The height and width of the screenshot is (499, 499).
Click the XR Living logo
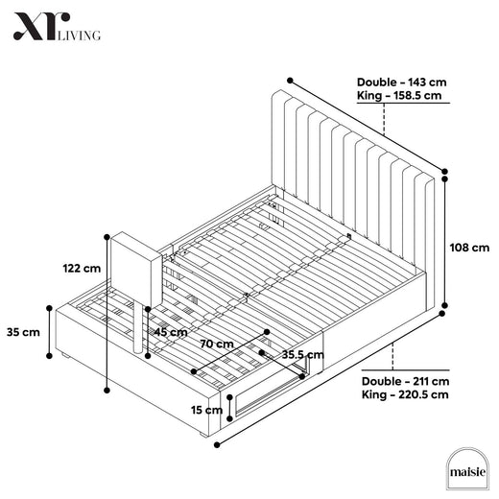pos(57,27)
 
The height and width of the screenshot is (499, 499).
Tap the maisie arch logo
pos(467,469)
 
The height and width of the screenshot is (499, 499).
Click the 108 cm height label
pos(469,248)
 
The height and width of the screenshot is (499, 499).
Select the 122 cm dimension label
pos(82,268)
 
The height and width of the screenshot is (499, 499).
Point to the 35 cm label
pos(23,332)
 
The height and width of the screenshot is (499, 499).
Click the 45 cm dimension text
pos(171,332)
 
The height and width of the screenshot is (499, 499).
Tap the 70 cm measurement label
pos(217,344)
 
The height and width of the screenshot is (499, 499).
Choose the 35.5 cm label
pos(302,354)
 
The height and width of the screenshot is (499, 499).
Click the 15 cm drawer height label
pos(206,410)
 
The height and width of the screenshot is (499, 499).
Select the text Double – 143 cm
pos(401,83)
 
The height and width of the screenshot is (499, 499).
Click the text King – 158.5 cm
pos(399,95)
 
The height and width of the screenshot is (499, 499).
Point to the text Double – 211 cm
pos(405,381)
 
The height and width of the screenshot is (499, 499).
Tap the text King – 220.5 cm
pos(405,394)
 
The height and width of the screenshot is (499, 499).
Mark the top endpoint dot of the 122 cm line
pos(107,237)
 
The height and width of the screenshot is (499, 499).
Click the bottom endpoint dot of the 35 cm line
pos(49,356)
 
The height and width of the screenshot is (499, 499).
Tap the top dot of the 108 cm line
pos(444,179)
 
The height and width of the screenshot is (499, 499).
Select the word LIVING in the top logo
pos(79,36)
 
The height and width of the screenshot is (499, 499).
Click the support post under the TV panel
pos(138,328)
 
